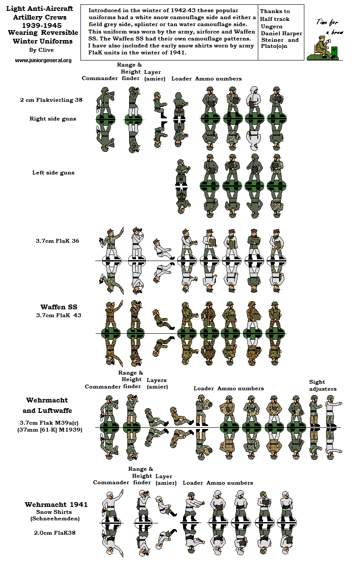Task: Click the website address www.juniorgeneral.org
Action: tap(43, 60)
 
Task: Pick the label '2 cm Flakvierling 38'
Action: tap(51, 100)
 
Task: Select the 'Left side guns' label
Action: tap(53, 172)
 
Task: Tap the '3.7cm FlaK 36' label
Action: tap(57, 241)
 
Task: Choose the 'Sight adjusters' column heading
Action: tap(323, 385)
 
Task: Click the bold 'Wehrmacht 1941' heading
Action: tap(56, 504)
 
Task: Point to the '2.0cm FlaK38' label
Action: tap(54, 532)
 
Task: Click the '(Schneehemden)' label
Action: tap(54, 519)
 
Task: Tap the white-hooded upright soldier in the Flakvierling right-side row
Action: tap(253, 101)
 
